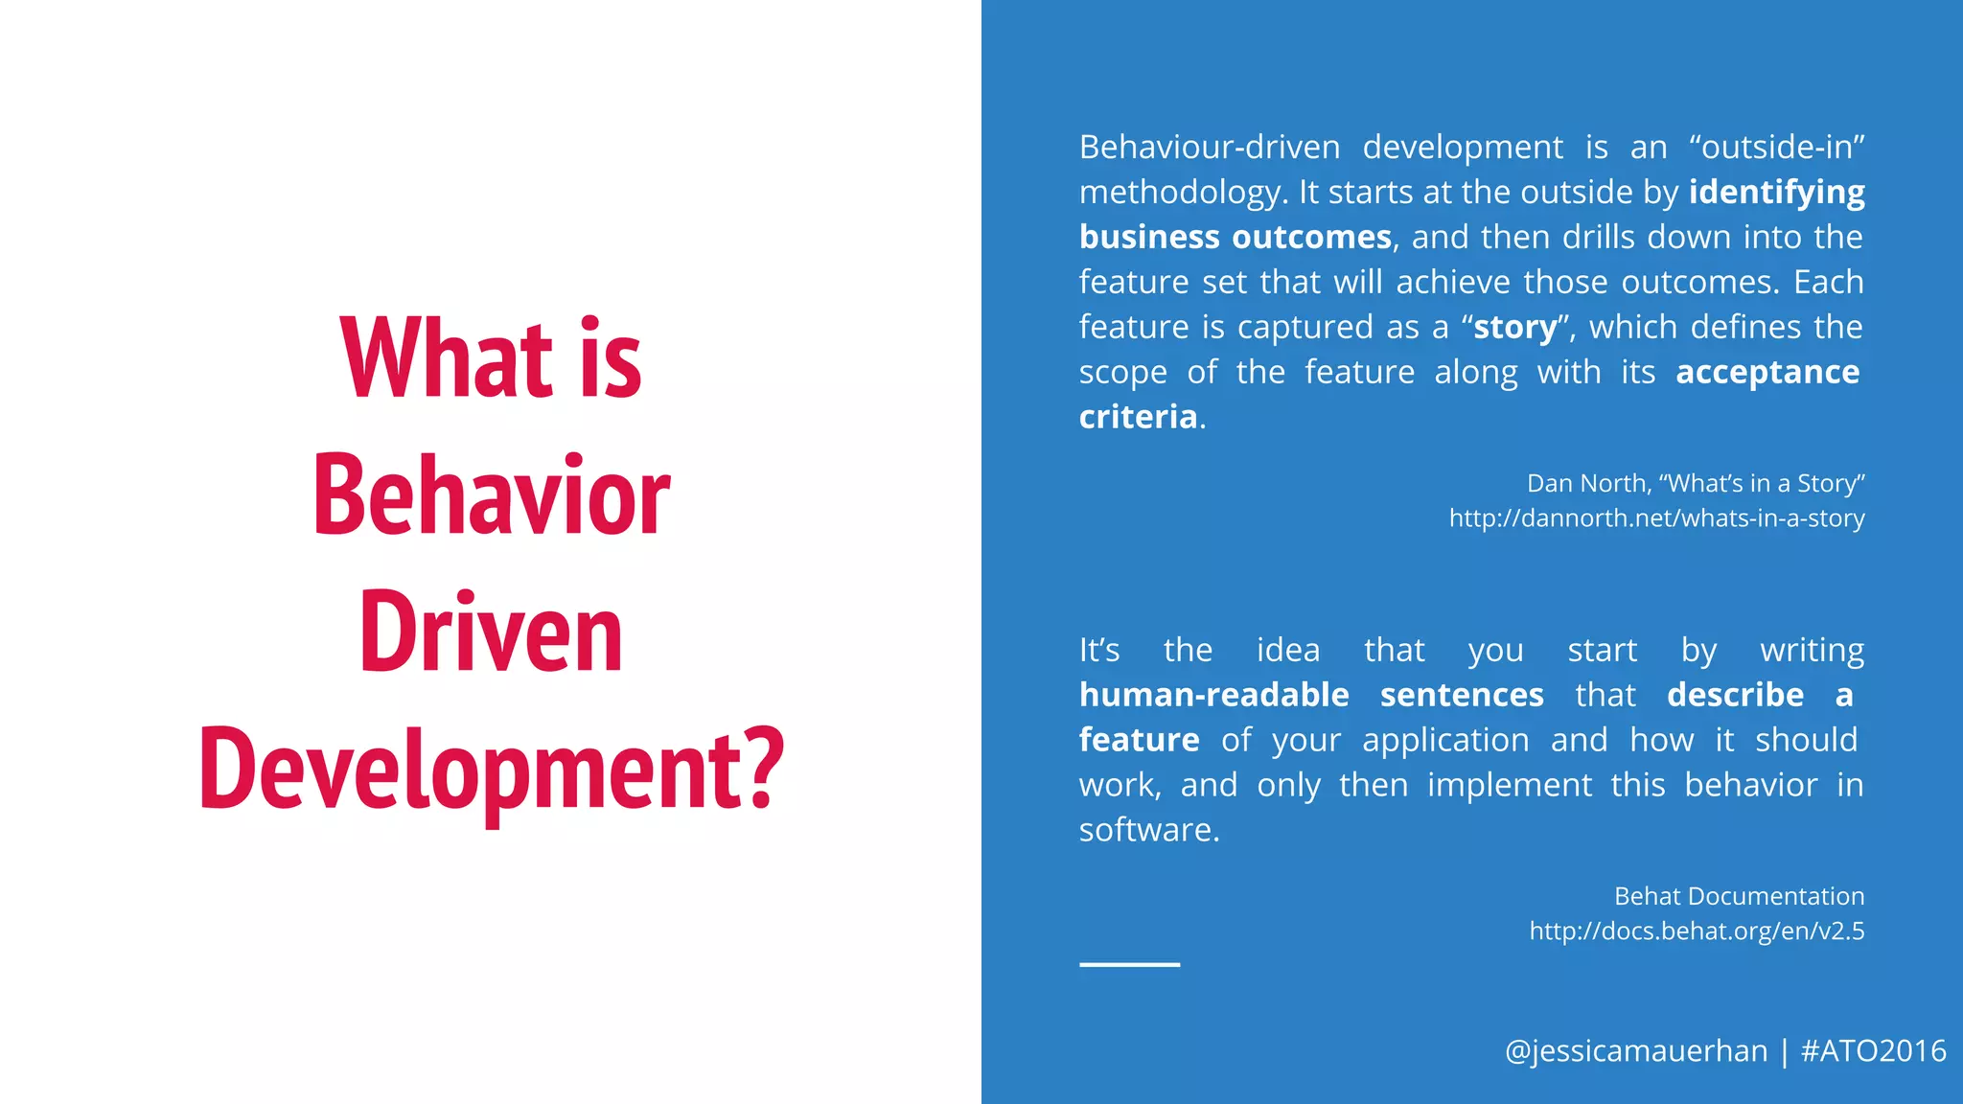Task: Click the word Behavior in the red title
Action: pos(491,495)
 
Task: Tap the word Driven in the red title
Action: pos(491,633)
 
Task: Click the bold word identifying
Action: pos(1776,193)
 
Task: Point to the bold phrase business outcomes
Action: pos(1235,237)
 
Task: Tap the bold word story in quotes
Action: pos(1514,327)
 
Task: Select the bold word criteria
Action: pos(1138,417)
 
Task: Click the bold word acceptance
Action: pos(1767,372)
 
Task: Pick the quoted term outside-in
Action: pos(1776,147)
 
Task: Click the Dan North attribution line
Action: pos(1695,483)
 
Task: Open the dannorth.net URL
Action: pos(1656,518)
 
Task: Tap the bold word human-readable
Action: pos(1213,695)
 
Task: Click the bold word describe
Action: pos(1735,695)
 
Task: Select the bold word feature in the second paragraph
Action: pos(1139,740)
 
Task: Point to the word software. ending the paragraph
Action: pos(1148,830)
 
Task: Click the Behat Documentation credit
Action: pos(1739,896)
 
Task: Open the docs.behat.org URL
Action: pos(1697,931)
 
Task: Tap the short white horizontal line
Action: pos(1129,964)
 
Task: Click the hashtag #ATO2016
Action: pos(1873,1051)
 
